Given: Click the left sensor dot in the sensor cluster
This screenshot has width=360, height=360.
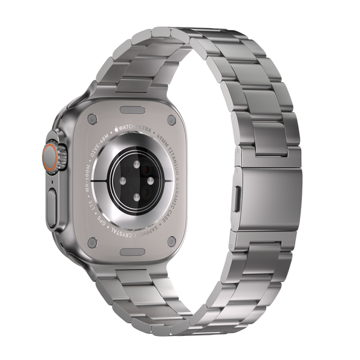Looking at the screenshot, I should tap(119, 180).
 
